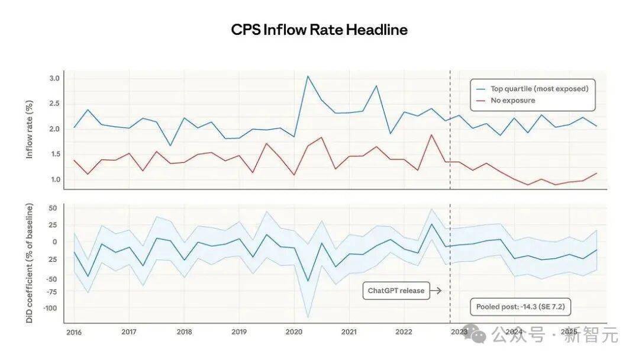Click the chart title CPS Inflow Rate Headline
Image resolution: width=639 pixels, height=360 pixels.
(x=319, y=30)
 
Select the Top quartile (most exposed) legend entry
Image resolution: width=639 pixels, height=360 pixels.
(x=538, y=89)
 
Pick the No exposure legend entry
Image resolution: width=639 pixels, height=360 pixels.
(x=512, y=101)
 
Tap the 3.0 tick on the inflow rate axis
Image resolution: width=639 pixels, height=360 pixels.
(x=54, y=79)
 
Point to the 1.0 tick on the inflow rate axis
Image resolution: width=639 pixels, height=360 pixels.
(x=54, y=179)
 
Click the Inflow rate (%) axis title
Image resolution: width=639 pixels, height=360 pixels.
(x=30, y=130)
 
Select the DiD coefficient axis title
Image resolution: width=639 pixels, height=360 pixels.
(x=30, y=263)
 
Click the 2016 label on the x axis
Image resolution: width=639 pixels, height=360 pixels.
(x=74, y=332)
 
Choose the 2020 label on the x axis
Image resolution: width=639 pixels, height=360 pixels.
(x=294, y=332)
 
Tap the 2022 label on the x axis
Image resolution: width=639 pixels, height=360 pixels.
(x=404, y=332)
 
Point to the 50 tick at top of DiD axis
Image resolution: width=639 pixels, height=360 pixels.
(x=52, y=208)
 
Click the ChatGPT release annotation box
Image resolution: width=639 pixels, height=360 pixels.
(x=396, y=291)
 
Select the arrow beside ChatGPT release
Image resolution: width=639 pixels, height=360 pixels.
(x=435, y=291)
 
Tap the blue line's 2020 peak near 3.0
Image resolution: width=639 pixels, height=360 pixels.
(x=308, y=76)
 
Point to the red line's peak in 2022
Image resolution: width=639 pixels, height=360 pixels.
(x=432, y=134)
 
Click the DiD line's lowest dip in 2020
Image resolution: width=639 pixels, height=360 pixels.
(x=308, y=281)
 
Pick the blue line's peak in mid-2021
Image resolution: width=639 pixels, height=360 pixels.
(x=376, y=86)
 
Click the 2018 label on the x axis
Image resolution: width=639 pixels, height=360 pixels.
(x=184, y=332)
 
